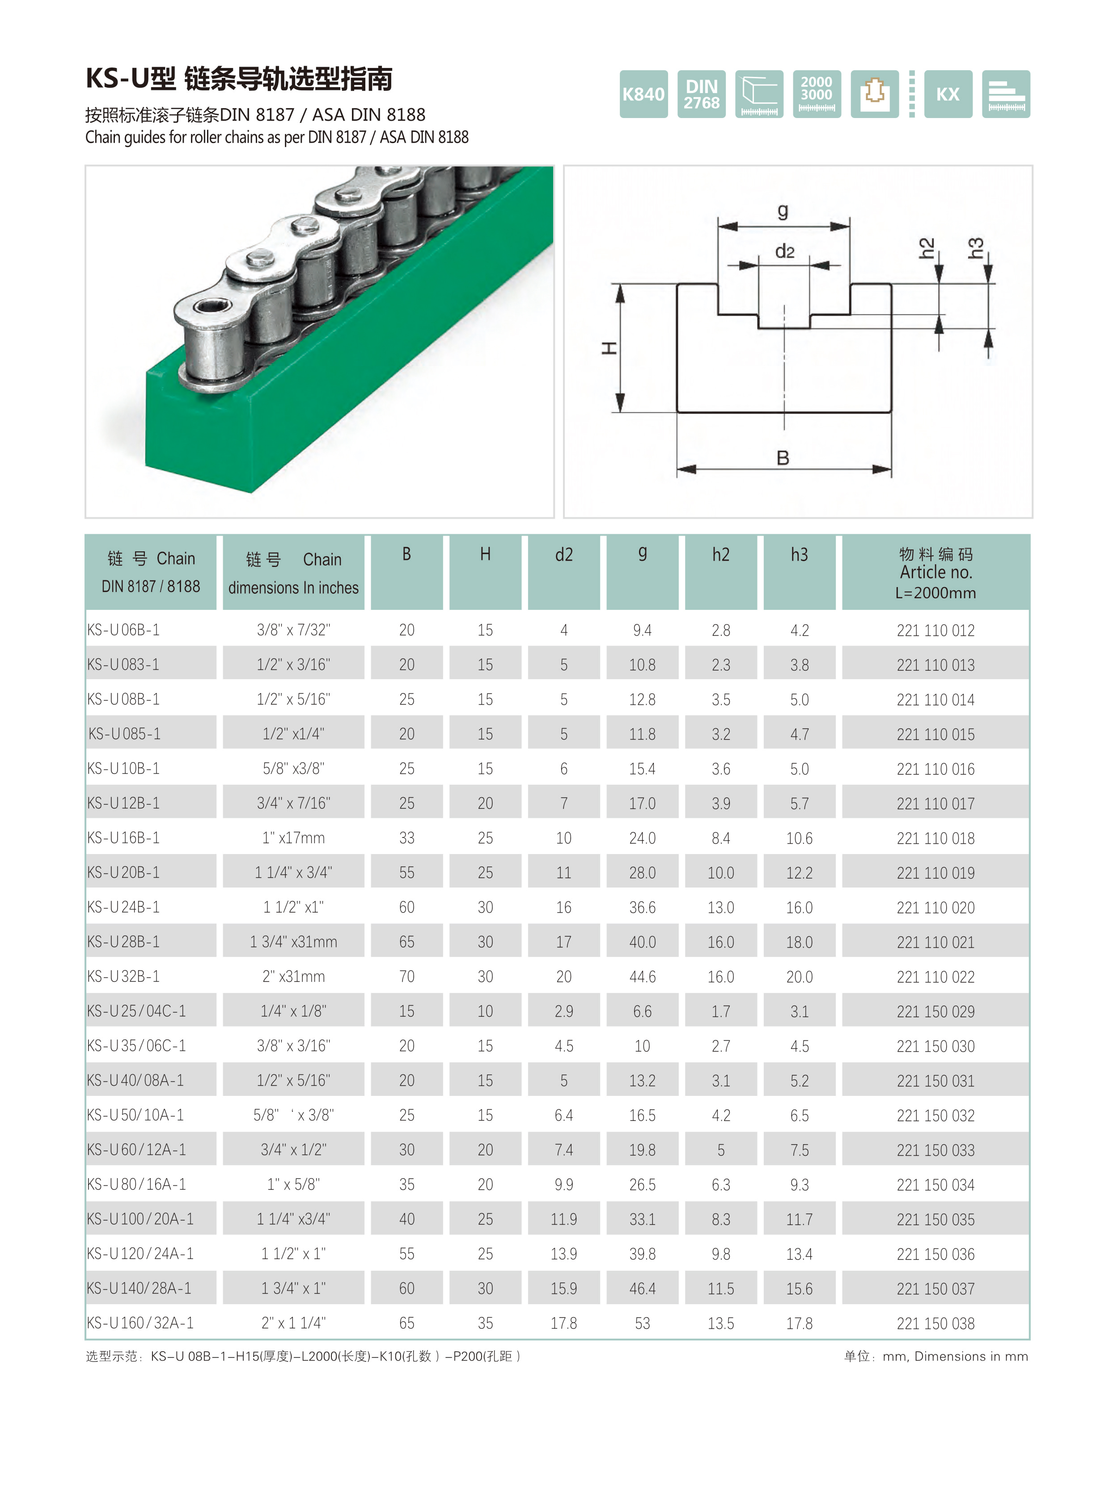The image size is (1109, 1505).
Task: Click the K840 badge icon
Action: point(643,94)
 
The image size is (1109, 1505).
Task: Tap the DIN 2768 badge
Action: point(702,94)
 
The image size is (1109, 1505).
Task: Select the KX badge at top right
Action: point(948,94)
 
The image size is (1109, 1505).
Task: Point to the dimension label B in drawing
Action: point(783,458)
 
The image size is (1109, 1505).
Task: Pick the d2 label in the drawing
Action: point(785,252)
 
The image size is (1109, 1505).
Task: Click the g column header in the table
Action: point(643,554)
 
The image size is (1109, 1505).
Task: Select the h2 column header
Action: point(721,554)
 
